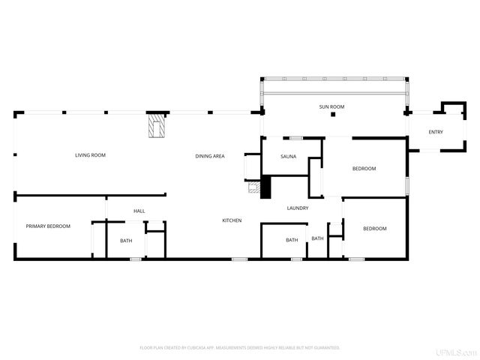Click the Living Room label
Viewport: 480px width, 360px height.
(90, 155)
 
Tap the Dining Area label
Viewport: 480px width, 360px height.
(210, 156)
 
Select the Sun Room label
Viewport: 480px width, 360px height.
(331, 107)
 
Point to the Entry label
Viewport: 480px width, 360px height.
(436, 133)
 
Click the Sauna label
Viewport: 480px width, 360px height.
(288, 156)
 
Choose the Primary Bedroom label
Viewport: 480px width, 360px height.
(48, 226)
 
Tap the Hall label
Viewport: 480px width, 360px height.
(139, 211)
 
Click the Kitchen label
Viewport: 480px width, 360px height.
(231, 220)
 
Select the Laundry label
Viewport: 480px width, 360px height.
(298, 208)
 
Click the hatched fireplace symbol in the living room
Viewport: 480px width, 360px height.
(156, 125)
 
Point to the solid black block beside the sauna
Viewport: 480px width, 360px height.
(264, 187)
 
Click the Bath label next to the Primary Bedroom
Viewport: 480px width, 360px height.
(126, 241)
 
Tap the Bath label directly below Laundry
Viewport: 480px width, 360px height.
(292, 240)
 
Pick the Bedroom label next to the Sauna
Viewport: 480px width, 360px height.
(364, 169)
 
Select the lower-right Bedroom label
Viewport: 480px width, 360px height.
(375, 228)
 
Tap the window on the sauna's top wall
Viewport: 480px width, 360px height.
(296, 137)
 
